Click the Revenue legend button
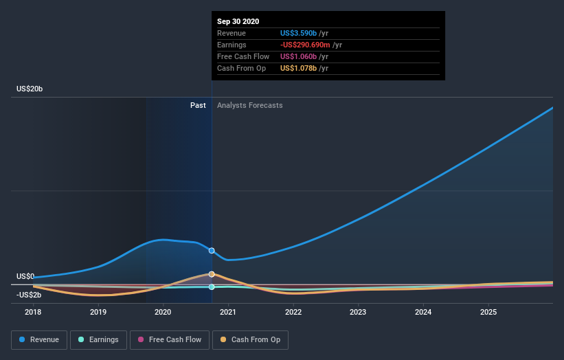tap(40, 339)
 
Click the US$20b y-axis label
tap(30, 89)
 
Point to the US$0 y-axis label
tap(25, 276)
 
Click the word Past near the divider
tap(198, 105)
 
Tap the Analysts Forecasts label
tap(249, 105)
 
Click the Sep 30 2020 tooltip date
tap(238, 21)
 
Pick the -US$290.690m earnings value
tap(306, 45)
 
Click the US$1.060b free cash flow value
tap(298, 56)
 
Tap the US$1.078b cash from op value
tap(299, 68)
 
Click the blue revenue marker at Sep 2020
tap(212, 251)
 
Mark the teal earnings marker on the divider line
tap(212, 286)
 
